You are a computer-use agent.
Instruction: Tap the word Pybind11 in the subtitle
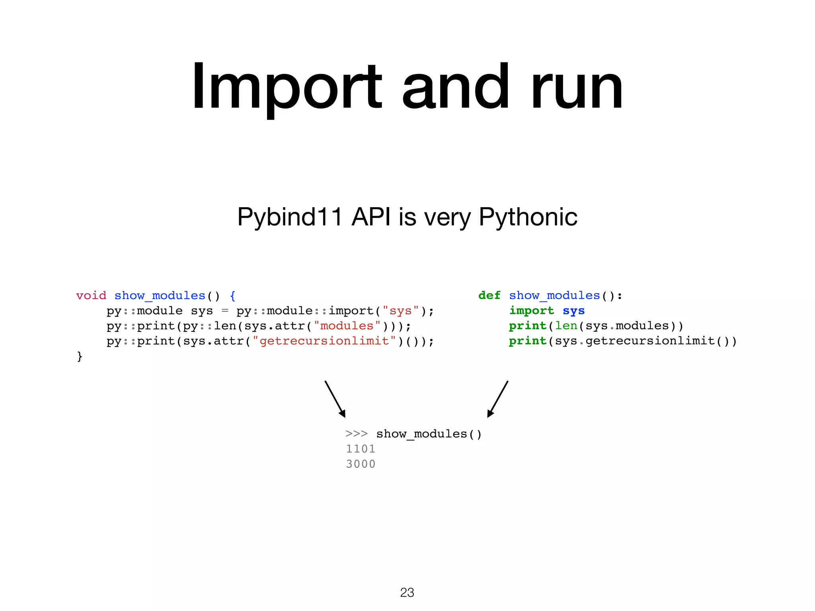[289, 217]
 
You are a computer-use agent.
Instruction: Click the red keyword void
[91, 296]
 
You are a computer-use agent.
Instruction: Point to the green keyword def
[489, 296]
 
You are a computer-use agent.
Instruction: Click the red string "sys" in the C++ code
[400, 311]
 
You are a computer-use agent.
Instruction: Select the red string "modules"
[347, 326]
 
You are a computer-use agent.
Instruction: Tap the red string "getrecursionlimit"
[324, 341]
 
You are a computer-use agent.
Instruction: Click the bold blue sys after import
[573, 311]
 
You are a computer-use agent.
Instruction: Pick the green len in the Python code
[566, 326]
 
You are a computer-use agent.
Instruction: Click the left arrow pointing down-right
[335, 399]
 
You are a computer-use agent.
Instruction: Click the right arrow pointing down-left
[498, 399]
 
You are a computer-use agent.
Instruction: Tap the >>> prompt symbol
[357, 434]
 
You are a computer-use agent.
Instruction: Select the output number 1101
[361, 449]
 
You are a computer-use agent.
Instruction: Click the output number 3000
[361, 464]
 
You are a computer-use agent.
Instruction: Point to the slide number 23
[407, 593]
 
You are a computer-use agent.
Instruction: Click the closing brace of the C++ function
[80, 356]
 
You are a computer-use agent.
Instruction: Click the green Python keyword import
[531, 311]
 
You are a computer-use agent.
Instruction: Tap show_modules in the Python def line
[554, 296]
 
